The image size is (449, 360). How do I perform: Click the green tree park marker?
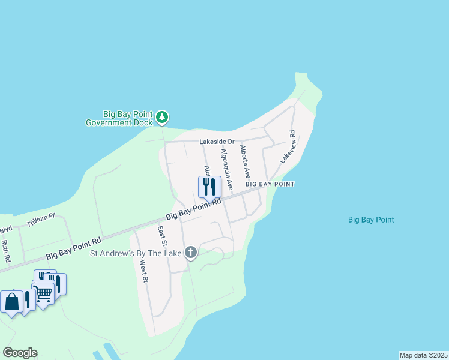pyautogui.click(x=162, y=117)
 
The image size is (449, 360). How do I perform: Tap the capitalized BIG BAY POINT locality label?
pyautogui.click(x=269, y=184)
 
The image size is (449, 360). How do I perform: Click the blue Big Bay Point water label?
pyautogui.click(x=371, y=220)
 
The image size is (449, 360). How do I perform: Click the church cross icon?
pyautogui.click(x=191, y=253)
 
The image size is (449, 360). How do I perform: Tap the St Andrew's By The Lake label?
pyautogui.click(x=136, y=254)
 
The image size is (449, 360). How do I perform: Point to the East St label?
pyautogui.click(x=161, y=236)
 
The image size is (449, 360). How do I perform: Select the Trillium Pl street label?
pyautogui.click(x=41, y=221)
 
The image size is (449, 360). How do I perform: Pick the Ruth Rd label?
pyautogui.click(x=5, y=251)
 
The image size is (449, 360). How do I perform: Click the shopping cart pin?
pyautogui.click(x=43, y=294)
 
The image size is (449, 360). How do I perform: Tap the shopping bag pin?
pyautogui.click(x=12, y=302)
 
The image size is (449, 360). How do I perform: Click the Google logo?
pyautogui.click(x=20, y=353)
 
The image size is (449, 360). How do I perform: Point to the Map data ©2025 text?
pyautogui.click(x=423, y=355)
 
